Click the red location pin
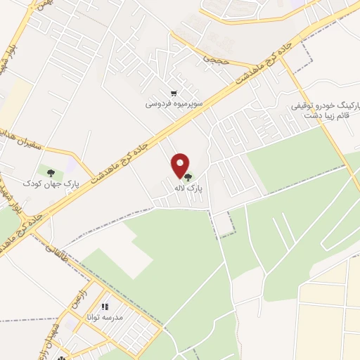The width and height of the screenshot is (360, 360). tap(181, 165)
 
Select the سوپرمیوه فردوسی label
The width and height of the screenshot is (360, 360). tap(174, 103)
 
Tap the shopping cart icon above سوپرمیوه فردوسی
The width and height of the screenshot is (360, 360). tap(173, 92)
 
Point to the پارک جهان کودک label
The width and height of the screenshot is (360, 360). tap(50, 183)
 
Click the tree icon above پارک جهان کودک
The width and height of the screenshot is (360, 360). tap(50, 171)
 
